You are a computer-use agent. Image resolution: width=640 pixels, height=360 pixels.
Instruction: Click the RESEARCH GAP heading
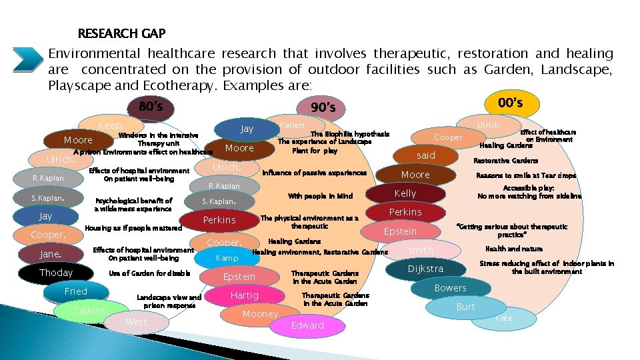point(121,33)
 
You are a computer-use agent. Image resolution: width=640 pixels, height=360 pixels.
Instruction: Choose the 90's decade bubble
point(327,107)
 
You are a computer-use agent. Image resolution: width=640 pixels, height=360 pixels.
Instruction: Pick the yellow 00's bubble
point(510,103)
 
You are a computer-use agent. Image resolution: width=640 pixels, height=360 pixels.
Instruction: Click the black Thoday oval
point(56,273)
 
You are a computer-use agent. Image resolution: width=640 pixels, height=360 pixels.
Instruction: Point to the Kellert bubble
point(293,125)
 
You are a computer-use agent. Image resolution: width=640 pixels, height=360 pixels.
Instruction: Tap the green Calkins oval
point(89,311)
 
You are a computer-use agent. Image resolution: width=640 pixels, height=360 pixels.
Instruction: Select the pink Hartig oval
point(244,295)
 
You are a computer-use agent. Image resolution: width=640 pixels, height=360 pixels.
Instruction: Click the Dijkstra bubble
point(425,269)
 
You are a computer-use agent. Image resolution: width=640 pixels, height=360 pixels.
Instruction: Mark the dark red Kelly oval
point(405,193)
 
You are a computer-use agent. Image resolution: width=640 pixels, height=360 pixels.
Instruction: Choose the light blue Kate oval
point(503,318)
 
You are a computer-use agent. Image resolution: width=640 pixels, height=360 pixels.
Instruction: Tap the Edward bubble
point(307,325)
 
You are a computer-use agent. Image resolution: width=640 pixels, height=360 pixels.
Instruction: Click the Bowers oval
point(450,288)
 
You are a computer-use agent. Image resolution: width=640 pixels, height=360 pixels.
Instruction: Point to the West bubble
point(136,322)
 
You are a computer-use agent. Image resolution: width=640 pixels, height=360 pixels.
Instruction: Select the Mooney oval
point(260,314)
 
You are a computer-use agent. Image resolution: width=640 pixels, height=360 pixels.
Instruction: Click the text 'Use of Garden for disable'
point(149,273)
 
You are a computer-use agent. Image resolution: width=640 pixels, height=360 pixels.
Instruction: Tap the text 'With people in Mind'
point(320,196)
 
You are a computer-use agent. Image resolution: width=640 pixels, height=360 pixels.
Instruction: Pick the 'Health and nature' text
point(523,249)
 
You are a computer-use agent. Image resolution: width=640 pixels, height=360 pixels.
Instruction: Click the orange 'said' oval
point(425,155)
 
